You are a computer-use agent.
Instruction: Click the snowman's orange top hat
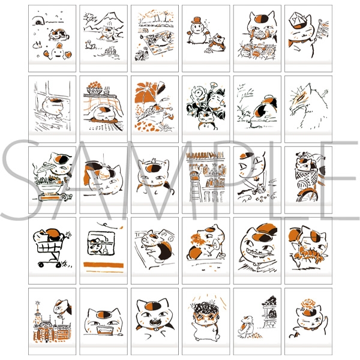(x=197, y=20)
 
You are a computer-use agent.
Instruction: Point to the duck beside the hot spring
(x=89, y=45)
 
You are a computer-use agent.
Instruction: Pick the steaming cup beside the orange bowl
(x=107, y=91)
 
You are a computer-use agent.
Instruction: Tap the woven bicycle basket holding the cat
(x=306, y=176)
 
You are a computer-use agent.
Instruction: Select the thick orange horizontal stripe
(x=104, y=265)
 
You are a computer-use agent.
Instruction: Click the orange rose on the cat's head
(x=308, y=304)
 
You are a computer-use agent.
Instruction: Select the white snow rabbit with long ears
(x=37, y=45)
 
